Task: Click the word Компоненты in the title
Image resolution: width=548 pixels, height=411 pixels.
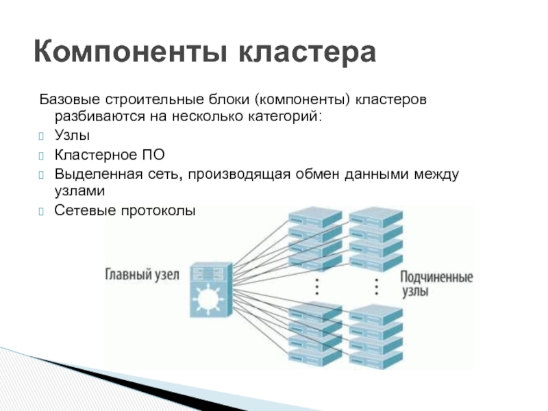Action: tap(131, 52)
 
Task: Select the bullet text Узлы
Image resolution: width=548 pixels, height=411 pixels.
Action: tap(72, 135)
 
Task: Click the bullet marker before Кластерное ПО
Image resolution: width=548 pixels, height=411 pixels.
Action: tap(41, 155)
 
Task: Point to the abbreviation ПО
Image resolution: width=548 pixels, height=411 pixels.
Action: tap(153, 155)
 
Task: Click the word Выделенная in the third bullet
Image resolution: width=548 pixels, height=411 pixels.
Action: tap(99, 174)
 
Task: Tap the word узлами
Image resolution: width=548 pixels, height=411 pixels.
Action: tap(79, 191)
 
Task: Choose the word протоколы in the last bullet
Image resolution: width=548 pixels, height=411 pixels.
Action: tap(158, 211)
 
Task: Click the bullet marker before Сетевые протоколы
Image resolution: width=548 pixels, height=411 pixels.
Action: tap(41, 212)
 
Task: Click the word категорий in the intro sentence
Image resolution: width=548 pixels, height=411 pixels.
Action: tap(284, 116)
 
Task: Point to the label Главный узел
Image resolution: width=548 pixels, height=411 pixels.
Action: tap(142, 275)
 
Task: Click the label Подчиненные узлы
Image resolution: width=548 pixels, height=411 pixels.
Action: tap(436, 284)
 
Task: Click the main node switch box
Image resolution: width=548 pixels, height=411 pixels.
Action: tap(211, 290)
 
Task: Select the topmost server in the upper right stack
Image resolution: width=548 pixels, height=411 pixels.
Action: tap(376, 216)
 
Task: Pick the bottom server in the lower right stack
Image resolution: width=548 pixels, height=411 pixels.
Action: tap(376, 358)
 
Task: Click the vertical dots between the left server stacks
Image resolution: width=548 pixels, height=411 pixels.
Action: tap(317, 287)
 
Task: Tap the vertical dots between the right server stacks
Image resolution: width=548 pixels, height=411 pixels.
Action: tap(376, 287)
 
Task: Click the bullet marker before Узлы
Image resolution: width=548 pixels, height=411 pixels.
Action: tap(41, 136)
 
